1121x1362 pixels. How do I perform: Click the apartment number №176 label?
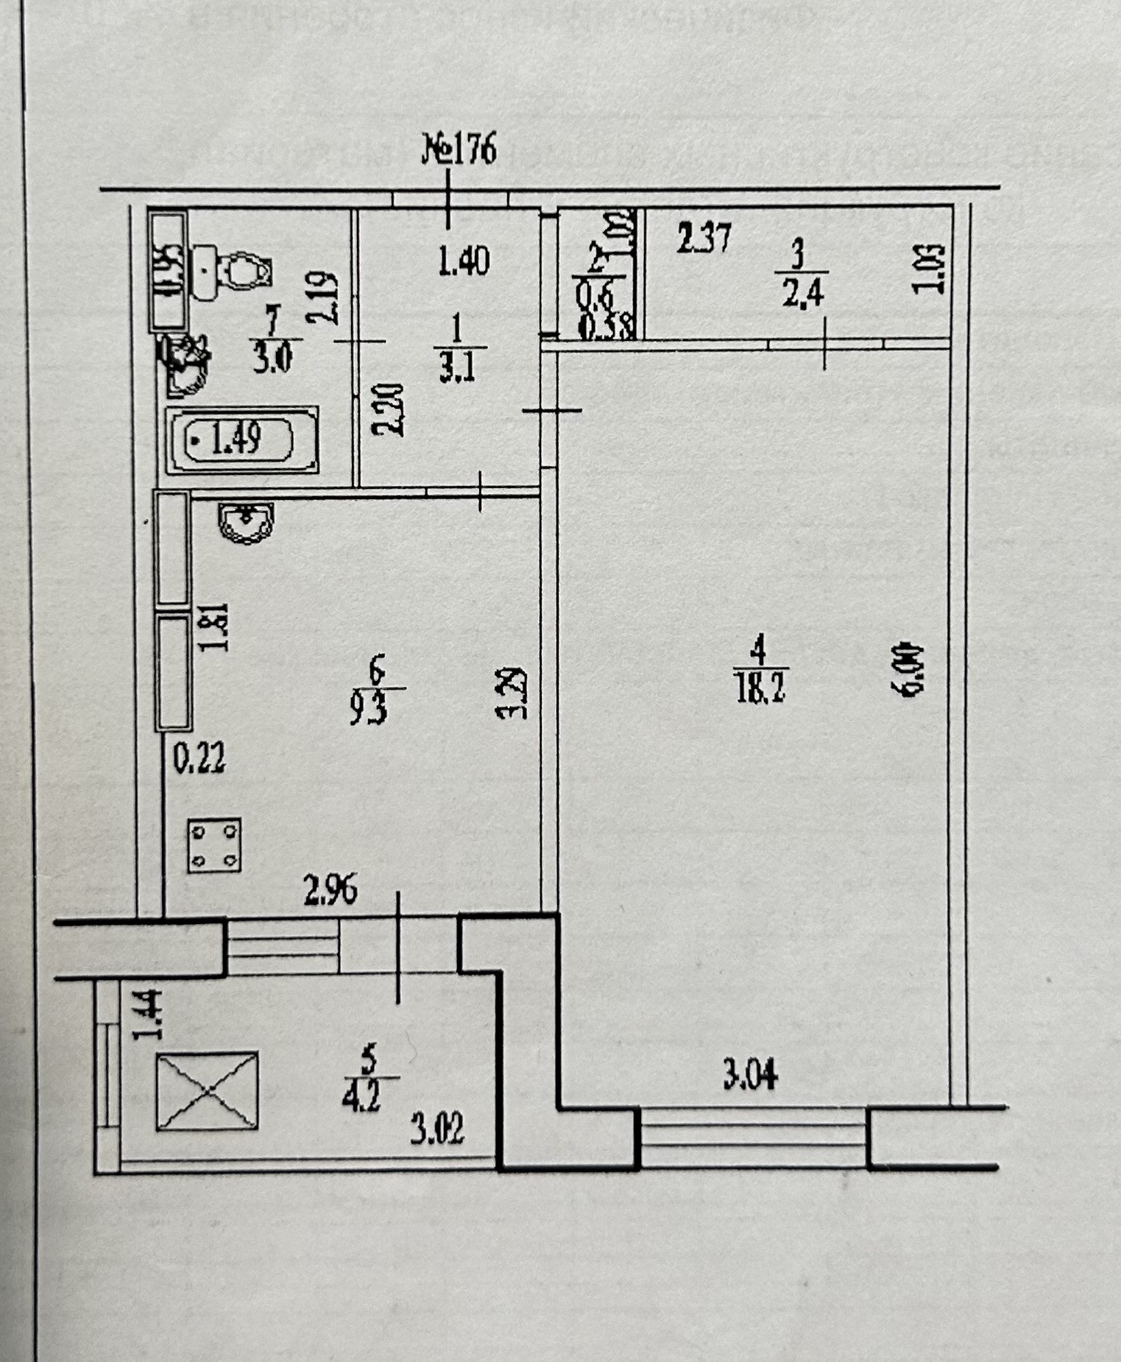coord(459,149)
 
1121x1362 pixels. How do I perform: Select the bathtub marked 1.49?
coord(238,440)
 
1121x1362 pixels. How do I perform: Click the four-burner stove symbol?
coord(214,845)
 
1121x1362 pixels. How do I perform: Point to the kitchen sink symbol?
coord(246,523)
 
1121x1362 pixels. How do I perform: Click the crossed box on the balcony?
coord(207,1091)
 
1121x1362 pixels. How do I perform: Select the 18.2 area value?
coord(760,691)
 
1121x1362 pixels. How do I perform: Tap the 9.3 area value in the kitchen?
coord(368,710)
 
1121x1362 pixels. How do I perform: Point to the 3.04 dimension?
coord(750,1077)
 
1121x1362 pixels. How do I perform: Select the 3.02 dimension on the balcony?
coord(437,1129)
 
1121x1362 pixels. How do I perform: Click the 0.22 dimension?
coord(199,758)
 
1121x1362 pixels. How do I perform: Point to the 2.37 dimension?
coord(704,239)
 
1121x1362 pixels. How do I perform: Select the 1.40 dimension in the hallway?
coord(463,261)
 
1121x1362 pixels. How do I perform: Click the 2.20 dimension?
coord(389,409)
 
